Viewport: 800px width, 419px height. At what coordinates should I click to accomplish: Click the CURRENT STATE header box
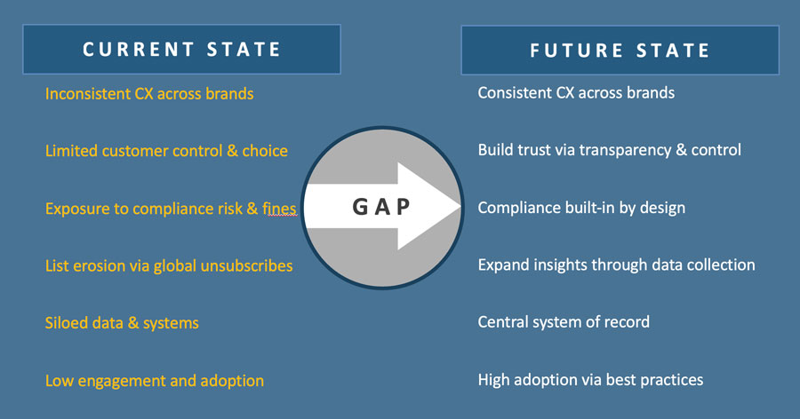(181, 50)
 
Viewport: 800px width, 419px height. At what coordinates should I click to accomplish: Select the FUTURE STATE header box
(620, 51)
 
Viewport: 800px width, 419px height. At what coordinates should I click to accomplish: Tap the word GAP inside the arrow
(381, 207)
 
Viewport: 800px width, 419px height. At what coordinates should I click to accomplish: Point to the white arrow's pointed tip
(460, 206)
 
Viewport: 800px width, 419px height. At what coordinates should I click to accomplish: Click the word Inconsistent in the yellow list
(88, 94)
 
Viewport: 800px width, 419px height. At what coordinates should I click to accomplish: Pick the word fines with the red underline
(279, 209)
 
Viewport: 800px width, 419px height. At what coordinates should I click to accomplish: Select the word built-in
(591, 208)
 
